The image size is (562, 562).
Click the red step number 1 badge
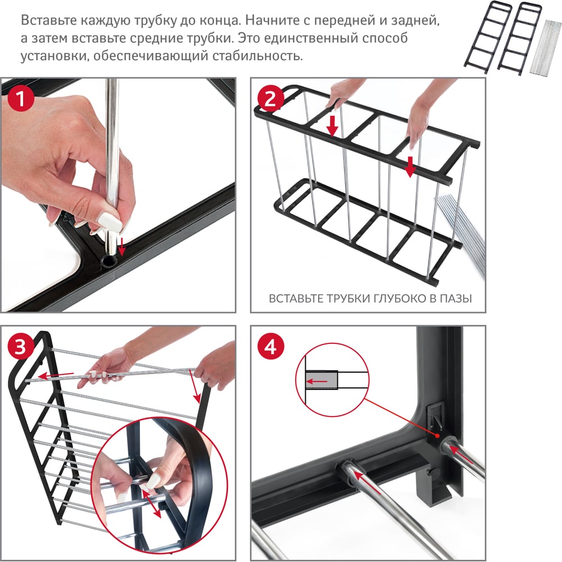[20, 98]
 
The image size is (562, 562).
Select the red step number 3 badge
[20, 346]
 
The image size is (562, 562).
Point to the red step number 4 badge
[271, 347]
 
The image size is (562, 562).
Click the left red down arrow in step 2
[333, 125]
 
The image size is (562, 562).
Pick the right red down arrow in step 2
[411, 167]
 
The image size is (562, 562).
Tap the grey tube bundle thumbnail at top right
[545, 48]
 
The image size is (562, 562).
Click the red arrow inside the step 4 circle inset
[317, 382]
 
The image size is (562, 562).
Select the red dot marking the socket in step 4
[438, 436]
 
